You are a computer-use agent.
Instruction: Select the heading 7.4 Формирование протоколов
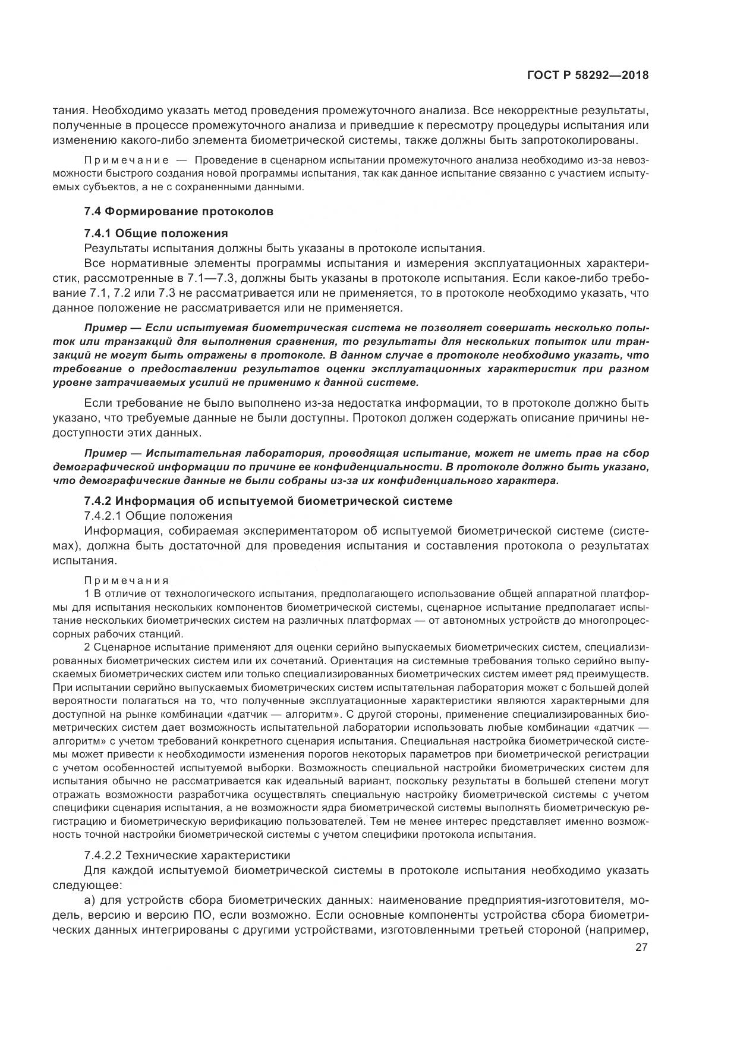click(179, 211)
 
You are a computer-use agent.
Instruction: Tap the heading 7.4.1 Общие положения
click(156, 233)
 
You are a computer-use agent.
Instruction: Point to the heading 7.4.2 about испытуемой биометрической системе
click(268, 501)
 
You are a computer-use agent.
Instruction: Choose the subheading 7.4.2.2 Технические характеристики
click(187, 855)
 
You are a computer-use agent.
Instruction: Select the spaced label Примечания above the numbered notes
click(127, 580)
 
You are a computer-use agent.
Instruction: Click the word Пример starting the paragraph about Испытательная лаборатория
click(105, 453)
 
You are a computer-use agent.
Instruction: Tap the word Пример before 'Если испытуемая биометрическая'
click(105, 328)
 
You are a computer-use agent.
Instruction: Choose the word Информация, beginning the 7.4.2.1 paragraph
click(121, 530)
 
